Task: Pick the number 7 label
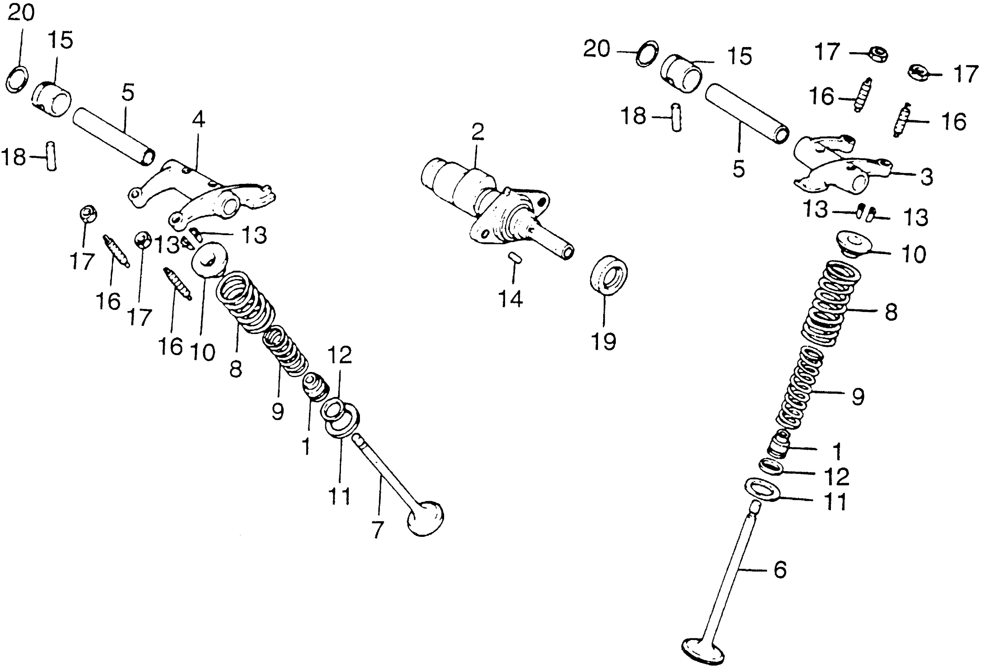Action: (377, 530)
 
